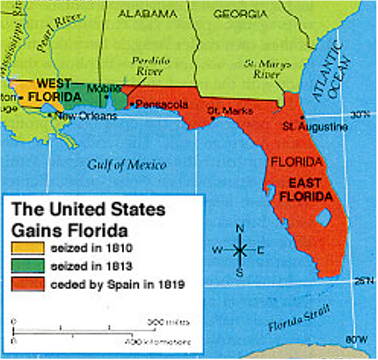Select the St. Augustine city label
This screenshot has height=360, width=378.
point(314,127)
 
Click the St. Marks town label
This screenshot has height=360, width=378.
point(224,110)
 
